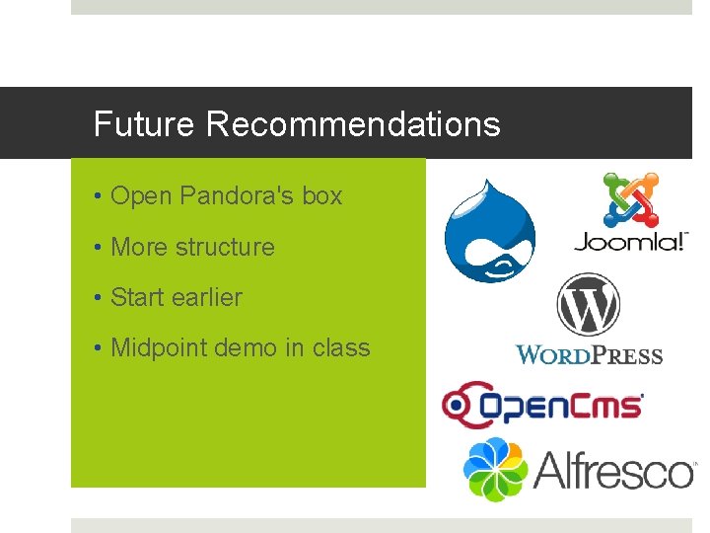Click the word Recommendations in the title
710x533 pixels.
pos(354,124)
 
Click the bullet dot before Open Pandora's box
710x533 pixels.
pos(100,196)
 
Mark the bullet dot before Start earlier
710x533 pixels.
pos(100,298)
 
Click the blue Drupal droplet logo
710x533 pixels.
pos(489,231)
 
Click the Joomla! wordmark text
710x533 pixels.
pos(630,242)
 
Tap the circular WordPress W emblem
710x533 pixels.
pos(588,305)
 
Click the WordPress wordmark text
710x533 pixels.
pos(589,355)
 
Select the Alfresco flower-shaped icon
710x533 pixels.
pos(496,469)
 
